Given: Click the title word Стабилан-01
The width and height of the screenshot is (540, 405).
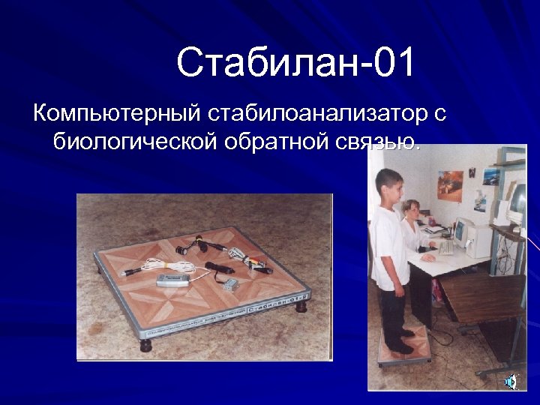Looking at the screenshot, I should pos(295,63).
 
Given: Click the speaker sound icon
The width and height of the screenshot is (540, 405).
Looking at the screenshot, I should pos(511,382).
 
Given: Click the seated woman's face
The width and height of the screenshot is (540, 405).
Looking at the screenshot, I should pos(412,211).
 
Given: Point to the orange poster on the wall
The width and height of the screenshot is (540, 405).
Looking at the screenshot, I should pos(450,183).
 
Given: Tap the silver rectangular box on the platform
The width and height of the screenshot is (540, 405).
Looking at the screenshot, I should pos(171,280).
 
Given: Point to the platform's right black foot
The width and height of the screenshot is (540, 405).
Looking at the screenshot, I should pos(301,305).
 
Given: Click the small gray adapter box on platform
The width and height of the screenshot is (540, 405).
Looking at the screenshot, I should pos(230,283).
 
